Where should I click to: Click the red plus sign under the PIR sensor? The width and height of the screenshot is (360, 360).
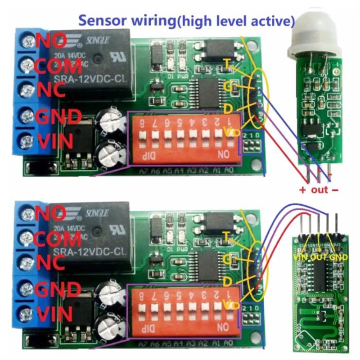(x=302, y=189)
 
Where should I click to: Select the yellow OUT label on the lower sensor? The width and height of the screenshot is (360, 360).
(x=319, y=257)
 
